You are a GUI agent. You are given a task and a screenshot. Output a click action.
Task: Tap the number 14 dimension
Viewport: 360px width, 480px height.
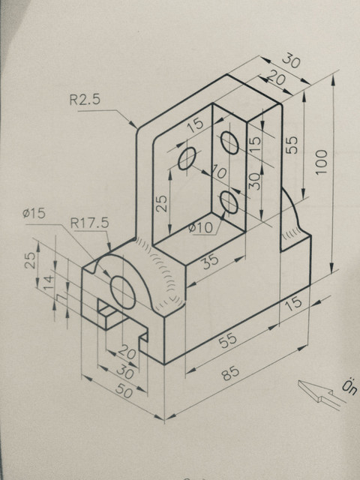point(48,283)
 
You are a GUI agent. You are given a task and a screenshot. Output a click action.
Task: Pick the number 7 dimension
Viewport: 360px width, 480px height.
point(59,299)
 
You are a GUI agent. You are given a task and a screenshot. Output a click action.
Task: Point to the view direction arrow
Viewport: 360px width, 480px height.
point(319,393)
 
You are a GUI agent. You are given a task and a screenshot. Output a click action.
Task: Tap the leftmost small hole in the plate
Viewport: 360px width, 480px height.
point(187,159)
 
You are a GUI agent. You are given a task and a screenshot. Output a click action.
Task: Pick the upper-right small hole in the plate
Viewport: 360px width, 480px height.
point(230,141)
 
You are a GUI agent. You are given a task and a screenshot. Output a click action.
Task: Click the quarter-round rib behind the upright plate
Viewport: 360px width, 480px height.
point(295,217)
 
